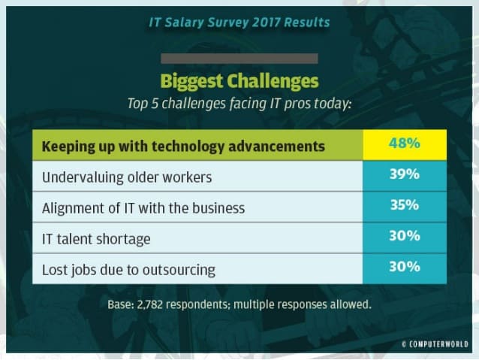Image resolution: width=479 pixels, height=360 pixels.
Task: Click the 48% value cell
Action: (405, 144)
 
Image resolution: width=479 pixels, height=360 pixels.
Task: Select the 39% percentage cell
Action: (405, 176)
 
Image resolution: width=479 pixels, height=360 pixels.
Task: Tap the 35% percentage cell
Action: (405, 207)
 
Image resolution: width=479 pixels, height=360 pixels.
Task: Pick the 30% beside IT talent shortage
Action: (405, 237)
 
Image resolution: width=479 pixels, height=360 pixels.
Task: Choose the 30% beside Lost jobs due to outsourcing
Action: (405, 268)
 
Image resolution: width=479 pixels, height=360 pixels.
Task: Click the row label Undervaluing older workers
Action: (127, 177)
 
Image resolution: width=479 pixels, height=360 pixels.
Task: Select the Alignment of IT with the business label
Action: (143, 208)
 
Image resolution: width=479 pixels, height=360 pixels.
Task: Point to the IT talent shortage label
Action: (96, 239)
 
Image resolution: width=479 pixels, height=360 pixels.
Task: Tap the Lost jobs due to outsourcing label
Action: (128, 270)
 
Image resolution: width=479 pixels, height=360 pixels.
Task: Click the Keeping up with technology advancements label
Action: (183, 147)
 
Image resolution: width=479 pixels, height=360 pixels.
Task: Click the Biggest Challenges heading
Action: (239, 81)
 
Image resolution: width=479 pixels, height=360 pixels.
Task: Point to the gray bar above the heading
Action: (239, 59)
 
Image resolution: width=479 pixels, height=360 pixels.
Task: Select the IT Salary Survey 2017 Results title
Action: (239, 23)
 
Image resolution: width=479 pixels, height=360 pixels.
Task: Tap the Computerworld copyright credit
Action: (435, 344)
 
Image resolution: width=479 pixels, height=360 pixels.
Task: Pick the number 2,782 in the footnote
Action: (150, 304)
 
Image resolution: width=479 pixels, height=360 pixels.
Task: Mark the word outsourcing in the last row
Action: (179, 271)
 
